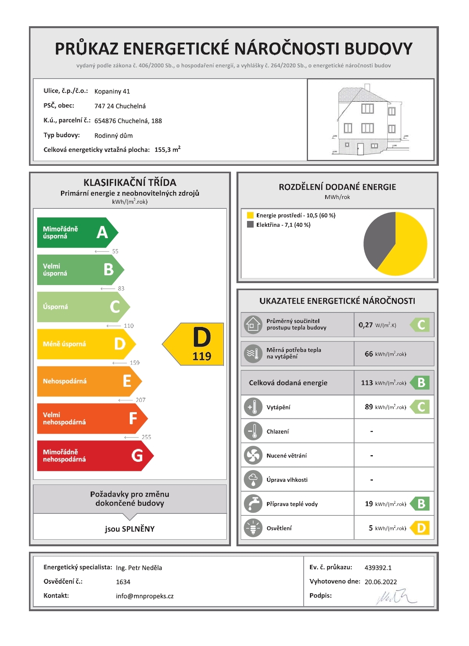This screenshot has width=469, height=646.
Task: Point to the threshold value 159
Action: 134,363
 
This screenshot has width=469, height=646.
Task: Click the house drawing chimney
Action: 367,87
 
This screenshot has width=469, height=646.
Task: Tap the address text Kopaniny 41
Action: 112,92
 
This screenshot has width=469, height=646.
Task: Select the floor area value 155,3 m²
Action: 167,150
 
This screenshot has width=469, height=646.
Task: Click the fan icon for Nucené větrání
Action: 253,456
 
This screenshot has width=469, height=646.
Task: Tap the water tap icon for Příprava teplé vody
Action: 253,504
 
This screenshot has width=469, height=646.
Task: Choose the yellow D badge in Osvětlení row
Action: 421,528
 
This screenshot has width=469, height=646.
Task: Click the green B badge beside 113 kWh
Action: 421,383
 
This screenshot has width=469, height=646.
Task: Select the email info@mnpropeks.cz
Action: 145,596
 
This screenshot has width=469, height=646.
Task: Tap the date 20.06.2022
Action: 381,582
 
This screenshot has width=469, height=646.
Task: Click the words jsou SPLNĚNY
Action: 130,529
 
